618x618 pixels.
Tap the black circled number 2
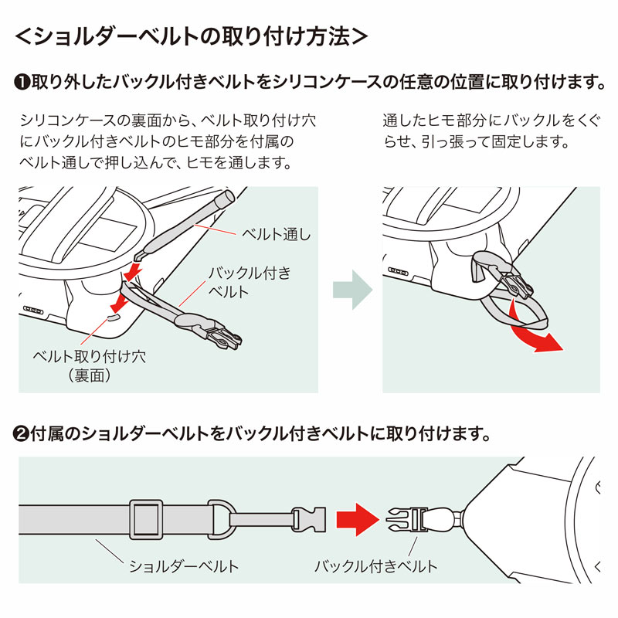tap(22, 433)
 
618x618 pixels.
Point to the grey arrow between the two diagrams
tap(351, 290)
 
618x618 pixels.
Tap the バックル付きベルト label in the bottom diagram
tap(375, 566)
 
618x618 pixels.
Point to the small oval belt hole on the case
tap(112, 315)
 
